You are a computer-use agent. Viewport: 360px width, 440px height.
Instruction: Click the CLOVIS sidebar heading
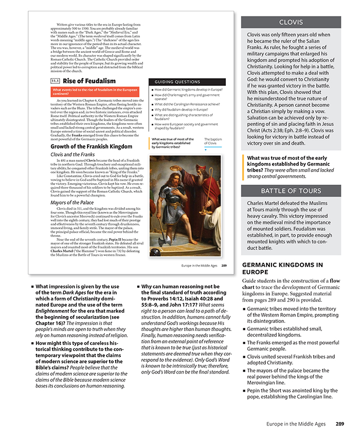pyautogui.click(x=291, y=23)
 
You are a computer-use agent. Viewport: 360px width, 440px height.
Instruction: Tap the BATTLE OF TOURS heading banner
pyautogui.click(x=291, y=191)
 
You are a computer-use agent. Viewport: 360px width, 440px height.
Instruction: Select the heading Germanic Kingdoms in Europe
pyautogui.click(x=282, y=268)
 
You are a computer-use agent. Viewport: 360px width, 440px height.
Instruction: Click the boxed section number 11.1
pyautogui.click(x=55, y=81)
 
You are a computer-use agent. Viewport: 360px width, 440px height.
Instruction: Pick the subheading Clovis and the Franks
pyautogui.click(x=73, y=154)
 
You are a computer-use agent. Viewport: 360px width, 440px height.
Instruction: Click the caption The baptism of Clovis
pyautogui.click(x=213, y=141)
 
